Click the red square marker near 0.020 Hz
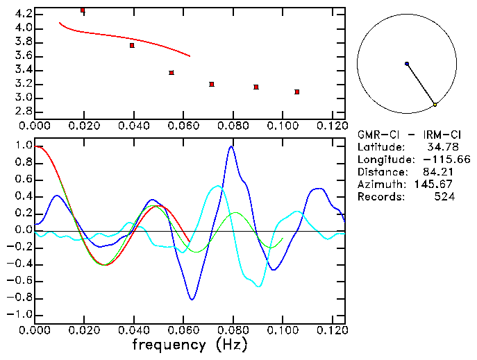coord(83,10)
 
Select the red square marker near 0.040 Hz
coord(132,45)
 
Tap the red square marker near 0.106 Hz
coord(296,92)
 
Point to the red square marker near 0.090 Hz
coord(256,87)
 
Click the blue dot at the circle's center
coord(407,64)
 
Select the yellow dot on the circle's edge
coord(435,105)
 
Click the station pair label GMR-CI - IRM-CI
coord(404,134)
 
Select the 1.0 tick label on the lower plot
coord(24,146)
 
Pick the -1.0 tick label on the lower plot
coord(21,314)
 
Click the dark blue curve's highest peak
coord(231,146)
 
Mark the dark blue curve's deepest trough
coord(192,299)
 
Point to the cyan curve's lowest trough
coord(258,286)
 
